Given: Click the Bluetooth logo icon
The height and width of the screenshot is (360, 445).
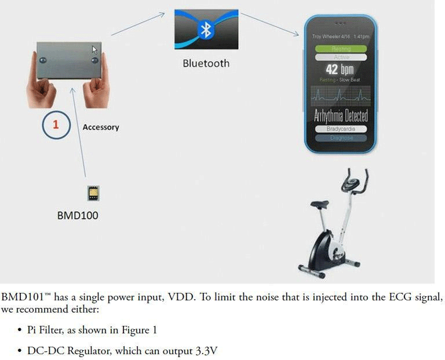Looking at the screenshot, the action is (205, 30).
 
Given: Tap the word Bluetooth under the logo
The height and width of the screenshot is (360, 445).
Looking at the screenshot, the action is (206, 64).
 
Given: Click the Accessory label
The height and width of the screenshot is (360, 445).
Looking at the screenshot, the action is (101, 127).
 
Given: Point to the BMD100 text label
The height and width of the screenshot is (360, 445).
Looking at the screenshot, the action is (78, 216).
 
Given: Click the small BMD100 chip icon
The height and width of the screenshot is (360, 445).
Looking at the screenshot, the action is (92, 193).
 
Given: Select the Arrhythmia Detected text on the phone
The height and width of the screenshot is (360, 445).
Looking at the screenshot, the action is (341, 115).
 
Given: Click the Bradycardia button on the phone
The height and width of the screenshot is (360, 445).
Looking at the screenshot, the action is (340, 129).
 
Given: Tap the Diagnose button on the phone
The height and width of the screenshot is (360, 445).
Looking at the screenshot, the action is (340, 138).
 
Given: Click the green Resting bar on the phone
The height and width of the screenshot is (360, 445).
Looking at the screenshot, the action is (341, 49).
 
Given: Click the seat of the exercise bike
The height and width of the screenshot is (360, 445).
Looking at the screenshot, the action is (319, 204).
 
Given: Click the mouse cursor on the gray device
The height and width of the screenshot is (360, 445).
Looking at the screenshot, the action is (94, 50).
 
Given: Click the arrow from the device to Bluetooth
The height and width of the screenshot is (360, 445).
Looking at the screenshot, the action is (138, 24).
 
